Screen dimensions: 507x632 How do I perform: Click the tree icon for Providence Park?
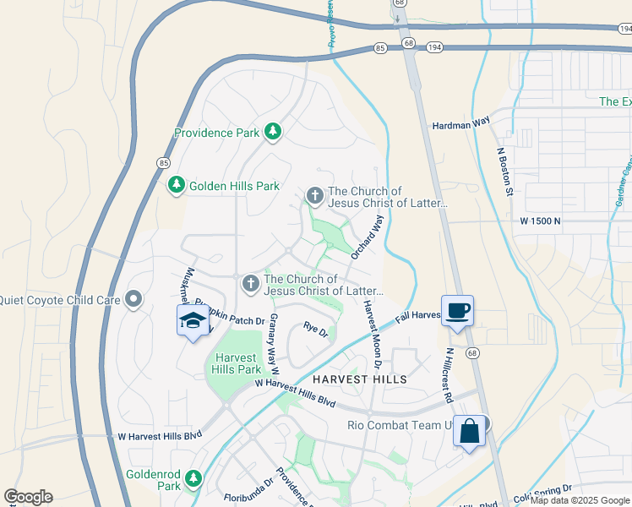[x=272, y=132]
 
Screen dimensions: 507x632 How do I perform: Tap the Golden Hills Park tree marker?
[x=176, y=185]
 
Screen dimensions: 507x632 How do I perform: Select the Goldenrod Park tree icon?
[x=193, y=479]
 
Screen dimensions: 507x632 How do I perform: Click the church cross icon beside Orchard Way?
[x=314, y=197]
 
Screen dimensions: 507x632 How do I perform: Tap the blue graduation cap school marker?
[x=193, y=321]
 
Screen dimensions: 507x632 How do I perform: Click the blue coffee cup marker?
[x=457, y=310]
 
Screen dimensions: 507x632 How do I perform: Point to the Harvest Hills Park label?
[x=237, y=363]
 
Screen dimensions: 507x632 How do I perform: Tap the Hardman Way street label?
[x=461, y=123]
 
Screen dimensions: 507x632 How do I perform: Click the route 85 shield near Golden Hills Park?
[x=163, y=162]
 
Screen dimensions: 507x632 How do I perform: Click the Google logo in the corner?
[x=29, y=497]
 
